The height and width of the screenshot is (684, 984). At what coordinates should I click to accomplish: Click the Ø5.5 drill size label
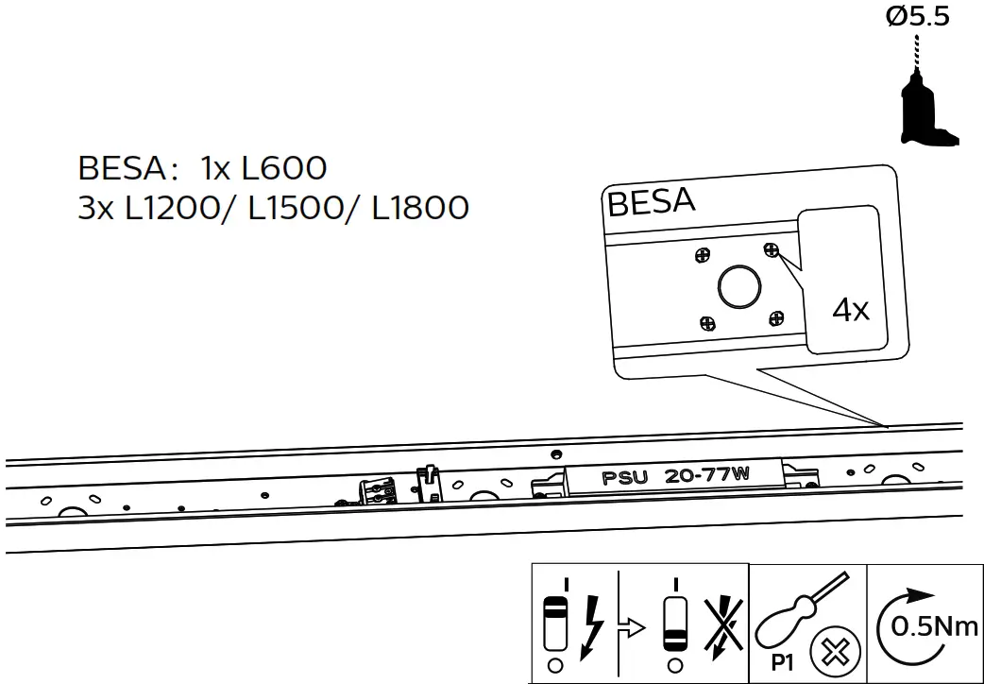(918, 18)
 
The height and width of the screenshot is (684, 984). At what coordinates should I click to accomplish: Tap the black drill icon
(926, 109)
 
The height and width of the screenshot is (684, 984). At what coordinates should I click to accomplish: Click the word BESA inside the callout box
(652, 202)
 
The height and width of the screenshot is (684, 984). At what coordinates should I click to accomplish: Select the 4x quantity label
(851, 309)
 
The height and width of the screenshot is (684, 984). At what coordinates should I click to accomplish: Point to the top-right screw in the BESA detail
(772, 249)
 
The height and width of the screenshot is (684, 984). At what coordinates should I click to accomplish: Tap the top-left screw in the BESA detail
(702, 255)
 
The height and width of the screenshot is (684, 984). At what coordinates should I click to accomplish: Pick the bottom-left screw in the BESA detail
(707, 323)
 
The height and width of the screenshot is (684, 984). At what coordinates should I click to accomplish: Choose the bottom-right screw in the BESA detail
(776, 318)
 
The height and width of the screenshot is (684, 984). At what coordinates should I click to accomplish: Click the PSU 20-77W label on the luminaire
(675, 475)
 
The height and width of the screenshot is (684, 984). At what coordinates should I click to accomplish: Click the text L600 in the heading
(284, 168)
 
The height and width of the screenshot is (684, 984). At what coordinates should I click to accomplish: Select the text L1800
(420, 207)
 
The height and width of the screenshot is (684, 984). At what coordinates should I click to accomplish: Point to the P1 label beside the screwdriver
(781, 662)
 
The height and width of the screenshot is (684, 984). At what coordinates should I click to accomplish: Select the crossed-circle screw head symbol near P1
(833, 653)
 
